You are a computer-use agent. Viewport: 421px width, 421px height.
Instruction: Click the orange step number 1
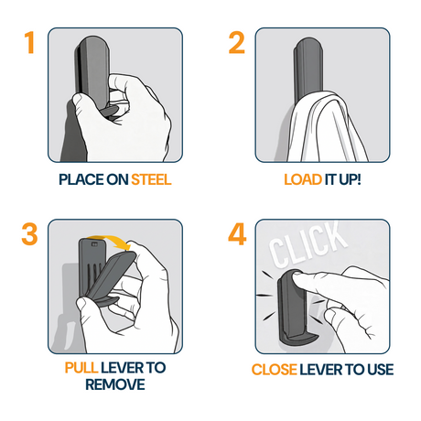click(29, 43)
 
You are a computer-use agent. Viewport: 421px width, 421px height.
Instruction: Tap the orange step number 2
click(237, 43)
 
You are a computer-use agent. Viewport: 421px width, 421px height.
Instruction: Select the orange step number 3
click(29, 234)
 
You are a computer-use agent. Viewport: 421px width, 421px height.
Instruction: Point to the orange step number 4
click(237, 234)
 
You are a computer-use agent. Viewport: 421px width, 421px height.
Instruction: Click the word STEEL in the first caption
click(151, 179)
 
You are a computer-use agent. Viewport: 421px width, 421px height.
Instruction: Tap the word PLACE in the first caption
click(81, 179)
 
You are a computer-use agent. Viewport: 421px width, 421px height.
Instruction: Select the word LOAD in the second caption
click(303, 179)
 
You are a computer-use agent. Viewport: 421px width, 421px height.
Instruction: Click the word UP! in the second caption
click(350, 179)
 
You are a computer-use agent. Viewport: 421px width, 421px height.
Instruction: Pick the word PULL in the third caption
click(81, 368)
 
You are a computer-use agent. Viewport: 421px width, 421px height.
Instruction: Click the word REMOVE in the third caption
click(115, 384)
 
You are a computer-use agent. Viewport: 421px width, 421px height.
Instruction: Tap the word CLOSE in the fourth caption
click(274, 370)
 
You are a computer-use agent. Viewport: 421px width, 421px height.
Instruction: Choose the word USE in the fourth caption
click(380, 370)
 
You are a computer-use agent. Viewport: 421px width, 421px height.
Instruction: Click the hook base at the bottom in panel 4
click(297, 340)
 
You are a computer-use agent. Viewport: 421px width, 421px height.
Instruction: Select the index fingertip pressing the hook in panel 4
click(298, 277)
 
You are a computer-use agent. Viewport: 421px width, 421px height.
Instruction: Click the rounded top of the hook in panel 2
click(308, 44)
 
